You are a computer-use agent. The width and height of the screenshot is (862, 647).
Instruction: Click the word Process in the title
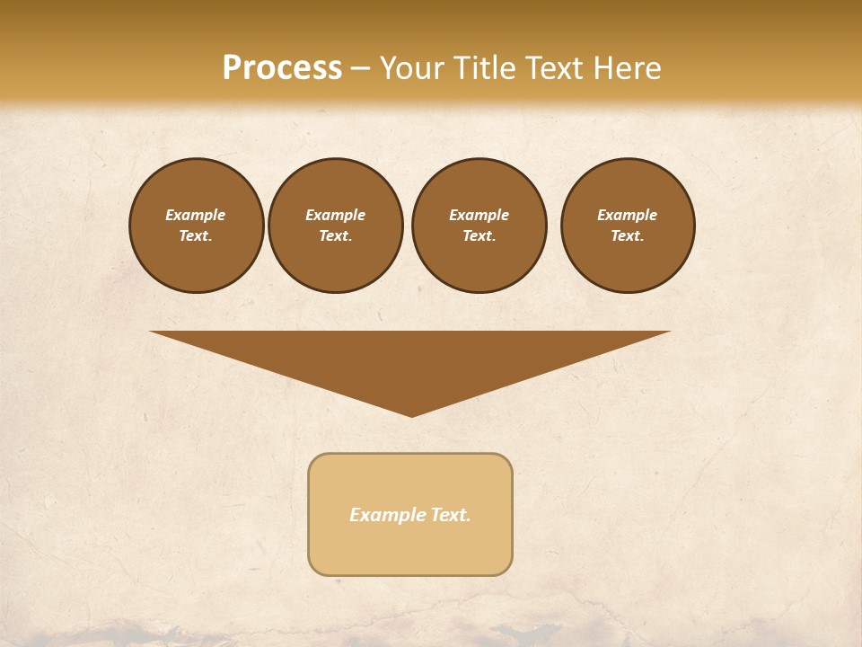[x=282, y=68]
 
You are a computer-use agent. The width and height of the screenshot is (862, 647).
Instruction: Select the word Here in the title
[x=626, y=68]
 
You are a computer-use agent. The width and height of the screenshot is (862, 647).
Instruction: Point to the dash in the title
[x=360, y=69]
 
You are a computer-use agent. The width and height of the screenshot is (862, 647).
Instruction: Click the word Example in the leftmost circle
[x=196, y=215]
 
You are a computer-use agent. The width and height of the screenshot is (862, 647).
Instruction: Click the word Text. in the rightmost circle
[x=628, y=235]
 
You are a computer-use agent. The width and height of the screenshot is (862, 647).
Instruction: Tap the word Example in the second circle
[x=335, y=215]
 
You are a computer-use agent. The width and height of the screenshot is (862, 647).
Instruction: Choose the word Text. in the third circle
[x=479, y=235]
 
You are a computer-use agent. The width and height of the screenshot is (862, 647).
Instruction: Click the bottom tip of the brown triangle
[x=411, y=414]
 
